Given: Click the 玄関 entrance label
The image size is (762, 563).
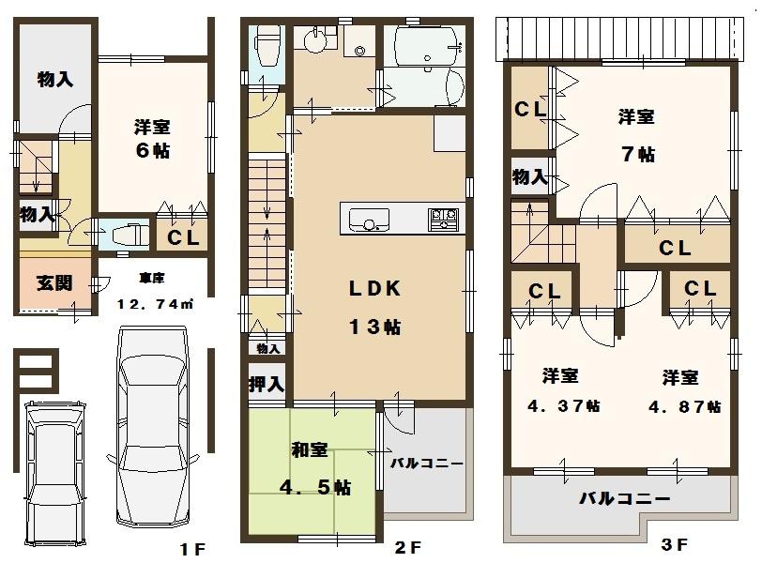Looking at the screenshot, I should pyautogui.click(x=54, y=284).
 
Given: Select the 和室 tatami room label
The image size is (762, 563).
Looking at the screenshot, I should pyautogui.click(x=309, y=451).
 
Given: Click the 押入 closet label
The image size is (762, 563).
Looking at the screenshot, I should pyautogui.click(x=267, y=384).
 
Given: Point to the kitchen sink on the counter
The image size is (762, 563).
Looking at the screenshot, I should pyautogui.click(x=368, y=221).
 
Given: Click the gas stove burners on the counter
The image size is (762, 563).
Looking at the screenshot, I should pyautogui.click(x=443, y=221).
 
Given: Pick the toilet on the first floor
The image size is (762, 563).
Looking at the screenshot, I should pyautogui.click(x=126, y=234).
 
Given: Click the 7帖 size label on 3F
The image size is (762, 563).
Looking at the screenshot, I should pyautogui.click(x=637, y=155).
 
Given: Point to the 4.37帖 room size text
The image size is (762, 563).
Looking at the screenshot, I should pyautogui.click(x=560, y=406).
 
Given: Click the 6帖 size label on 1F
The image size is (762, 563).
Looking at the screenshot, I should pyautogui.click(x=151, y=150).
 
